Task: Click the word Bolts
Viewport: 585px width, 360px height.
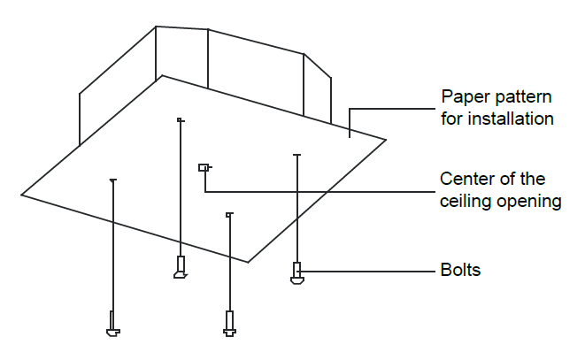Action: coord(460,270)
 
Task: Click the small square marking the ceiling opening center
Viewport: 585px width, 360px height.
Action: coord(203,166)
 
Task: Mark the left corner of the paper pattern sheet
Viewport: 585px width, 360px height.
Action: coord(22,195)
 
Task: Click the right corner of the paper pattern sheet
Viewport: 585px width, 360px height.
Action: coord(386,139)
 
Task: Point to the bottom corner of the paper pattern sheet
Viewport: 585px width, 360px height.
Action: coord(249,262)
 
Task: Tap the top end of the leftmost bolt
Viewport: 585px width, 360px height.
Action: coord(112,180)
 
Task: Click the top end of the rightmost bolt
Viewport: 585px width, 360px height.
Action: coord(297,156)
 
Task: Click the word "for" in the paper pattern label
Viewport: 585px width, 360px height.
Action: coord(451,119)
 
